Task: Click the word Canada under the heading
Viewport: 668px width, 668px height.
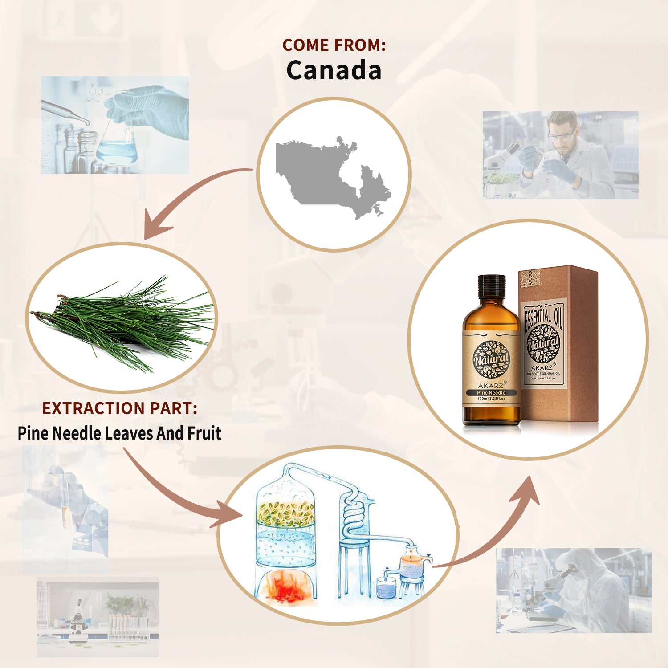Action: [x=334, y=70]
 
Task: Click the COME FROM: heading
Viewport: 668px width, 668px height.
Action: [x=334, y=45]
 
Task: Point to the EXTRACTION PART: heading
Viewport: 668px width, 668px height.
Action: [x=119, y=408]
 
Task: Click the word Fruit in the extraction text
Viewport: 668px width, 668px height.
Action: [x=204, y=433]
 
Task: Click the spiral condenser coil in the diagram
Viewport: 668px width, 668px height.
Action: [x=354, y=512]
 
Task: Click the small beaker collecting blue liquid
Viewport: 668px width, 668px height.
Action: [x=386, y=588]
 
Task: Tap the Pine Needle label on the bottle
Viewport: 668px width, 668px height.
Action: [x=491, y=393]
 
